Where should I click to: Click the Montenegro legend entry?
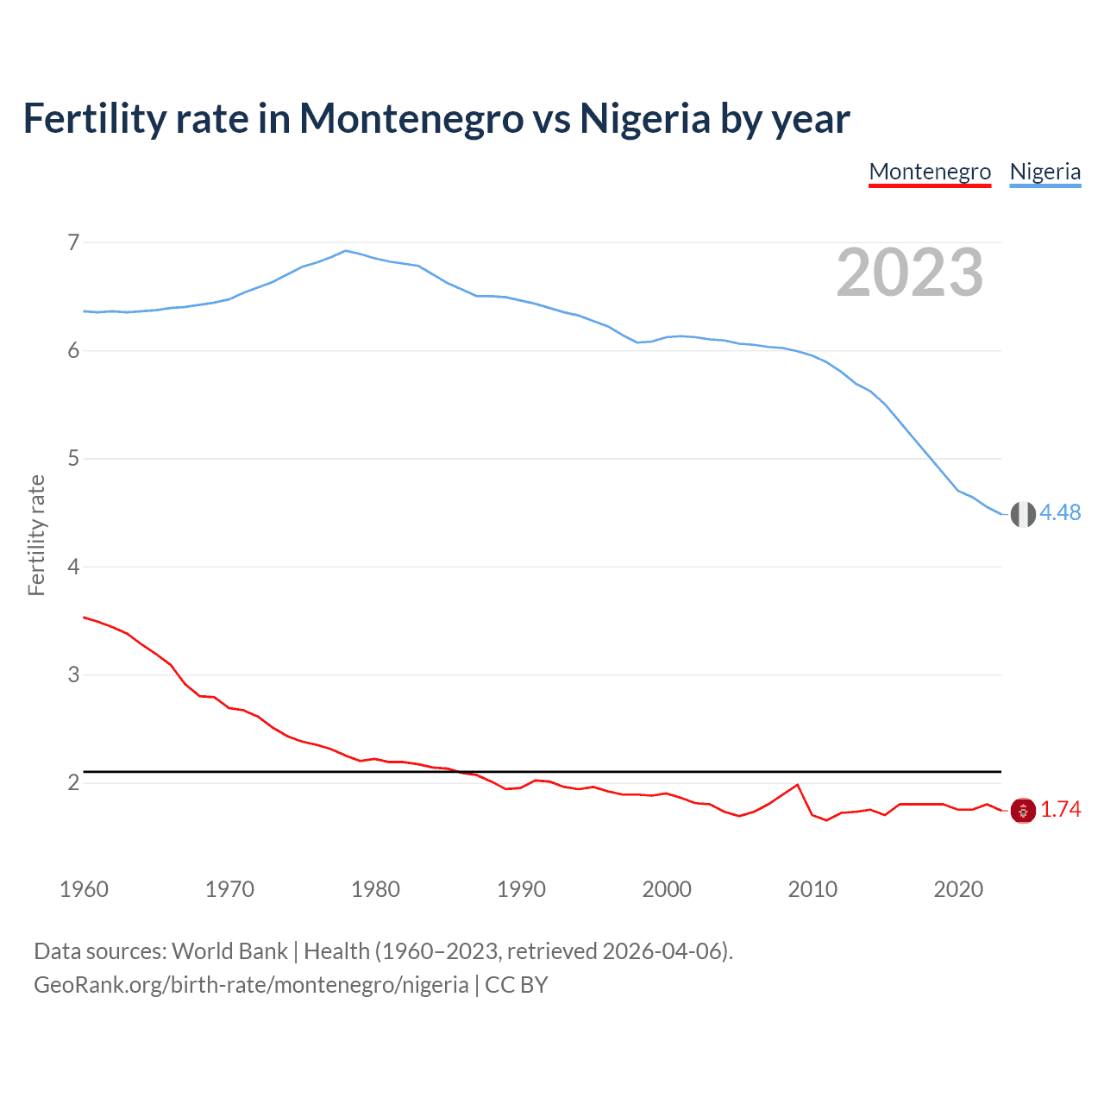[x=930, y=172]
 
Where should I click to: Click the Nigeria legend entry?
[x=1044, y=172]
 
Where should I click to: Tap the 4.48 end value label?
[x=1060, y=512]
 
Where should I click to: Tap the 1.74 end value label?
[x=1060, y=809]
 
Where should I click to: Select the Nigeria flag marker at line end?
[x=1023, y=514]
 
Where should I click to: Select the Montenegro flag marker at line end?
[x=1023, y=810]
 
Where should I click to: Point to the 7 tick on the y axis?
[x=73, y=242]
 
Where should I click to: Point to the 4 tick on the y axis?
[x=73, y=567]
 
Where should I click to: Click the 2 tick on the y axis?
[x=73, y=782]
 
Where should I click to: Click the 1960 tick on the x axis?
[x=84, y=889]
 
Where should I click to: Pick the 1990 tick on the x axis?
[x=521, y=889]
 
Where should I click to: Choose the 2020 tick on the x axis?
[x=958, y=889]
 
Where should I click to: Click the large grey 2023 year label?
[x=909, y=273]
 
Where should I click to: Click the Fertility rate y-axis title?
[x=36, y=535]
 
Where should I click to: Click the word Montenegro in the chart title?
[x=411, y=118]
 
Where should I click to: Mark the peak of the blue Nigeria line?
[x=346, y=251]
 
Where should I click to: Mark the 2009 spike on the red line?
[x=797, y=785]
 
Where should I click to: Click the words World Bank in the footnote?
[x=229, y=951]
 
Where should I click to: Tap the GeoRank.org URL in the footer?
[x=251, y=985]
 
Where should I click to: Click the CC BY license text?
[x=517, y=985]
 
